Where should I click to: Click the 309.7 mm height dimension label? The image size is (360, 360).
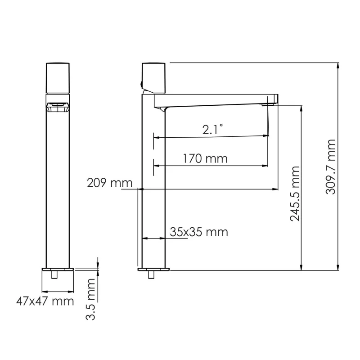331,166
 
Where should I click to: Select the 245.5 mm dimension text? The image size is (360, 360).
294,193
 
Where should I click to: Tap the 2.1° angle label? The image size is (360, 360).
212,130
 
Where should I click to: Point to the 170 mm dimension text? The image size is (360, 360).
205,158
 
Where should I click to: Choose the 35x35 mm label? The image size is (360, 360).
199,232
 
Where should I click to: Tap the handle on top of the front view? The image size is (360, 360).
58,78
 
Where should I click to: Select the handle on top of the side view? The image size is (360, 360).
154,77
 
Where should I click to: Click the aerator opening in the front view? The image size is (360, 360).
58,107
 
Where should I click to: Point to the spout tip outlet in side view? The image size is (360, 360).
269,105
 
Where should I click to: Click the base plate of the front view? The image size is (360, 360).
58,270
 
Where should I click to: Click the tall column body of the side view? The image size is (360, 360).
154,189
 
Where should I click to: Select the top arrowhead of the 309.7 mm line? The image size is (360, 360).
338,66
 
